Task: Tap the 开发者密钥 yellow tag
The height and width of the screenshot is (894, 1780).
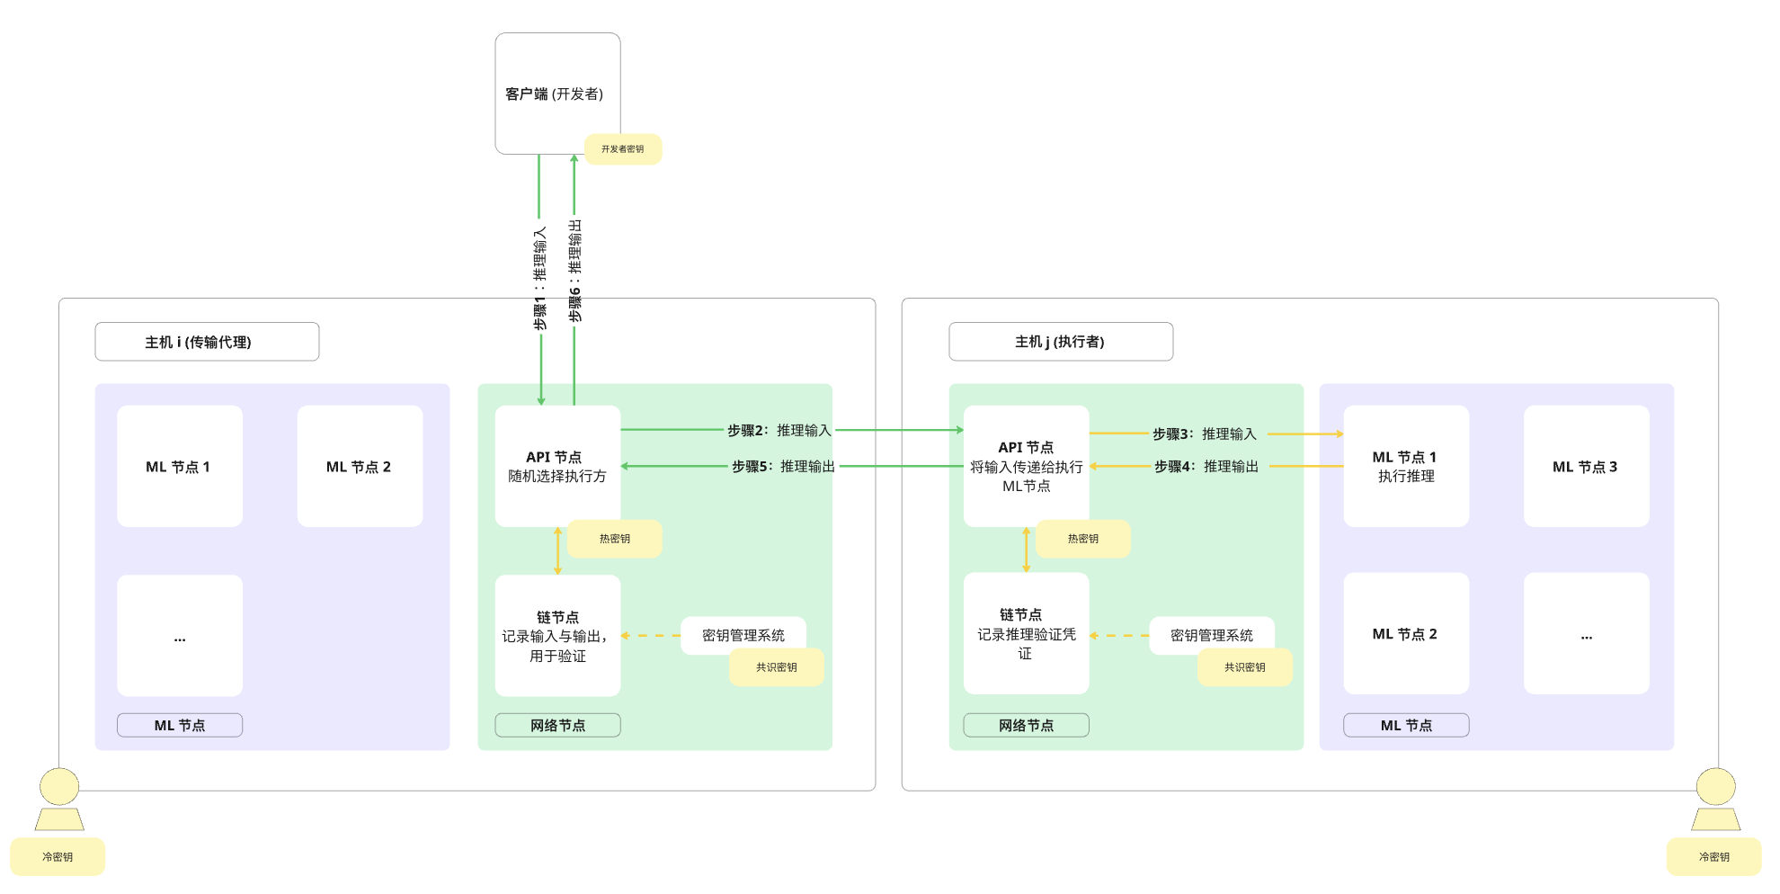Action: pos(622,149)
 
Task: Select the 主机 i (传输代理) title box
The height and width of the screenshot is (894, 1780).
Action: pos(207,342)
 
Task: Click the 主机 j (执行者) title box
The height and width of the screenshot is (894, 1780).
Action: pos(1060,342)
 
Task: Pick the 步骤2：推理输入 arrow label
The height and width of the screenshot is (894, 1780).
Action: pos(779,431)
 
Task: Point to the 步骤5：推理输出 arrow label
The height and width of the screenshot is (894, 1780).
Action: pos(783,467)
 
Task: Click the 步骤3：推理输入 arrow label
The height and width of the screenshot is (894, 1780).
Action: pos(1205,434)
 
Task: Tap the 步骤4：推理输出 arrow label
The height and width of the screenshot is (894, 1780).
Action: pos(1206,467)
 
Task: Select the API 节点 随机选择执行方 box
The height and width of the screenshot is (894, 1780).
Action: pos(557,466)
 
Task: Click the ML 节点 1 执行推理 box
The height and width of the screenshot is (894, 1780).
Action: pos(1405,466)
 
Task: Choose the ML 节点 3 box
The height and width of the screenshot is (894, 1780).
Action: pos(1586,466)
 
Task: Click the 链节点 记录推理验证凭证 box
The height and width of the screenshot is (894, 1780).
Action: pos(1026,634)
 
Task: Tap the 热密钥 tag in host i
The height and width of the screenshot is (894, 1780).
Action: pos(615,539)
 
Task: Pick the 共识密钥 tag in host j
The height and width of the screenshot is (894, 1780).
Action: pos(1244,667)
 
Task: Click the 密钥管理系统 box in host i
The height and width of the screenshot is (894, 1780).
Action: pos(743,635)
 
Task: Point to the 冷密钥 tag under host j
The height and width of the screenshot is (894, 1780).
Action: pos(1713,857)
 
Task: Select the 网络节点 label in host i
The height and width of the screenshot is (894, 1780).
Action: pos(557,725)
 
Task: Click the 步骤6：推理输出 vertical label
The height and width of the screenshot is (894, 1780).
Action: pos(575,271)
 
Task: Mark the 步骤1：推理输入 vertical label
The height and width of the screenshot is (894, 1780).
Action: pos(540,278)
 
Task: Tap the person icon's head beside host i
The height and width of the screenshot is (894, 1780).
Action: pos(59,787)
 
